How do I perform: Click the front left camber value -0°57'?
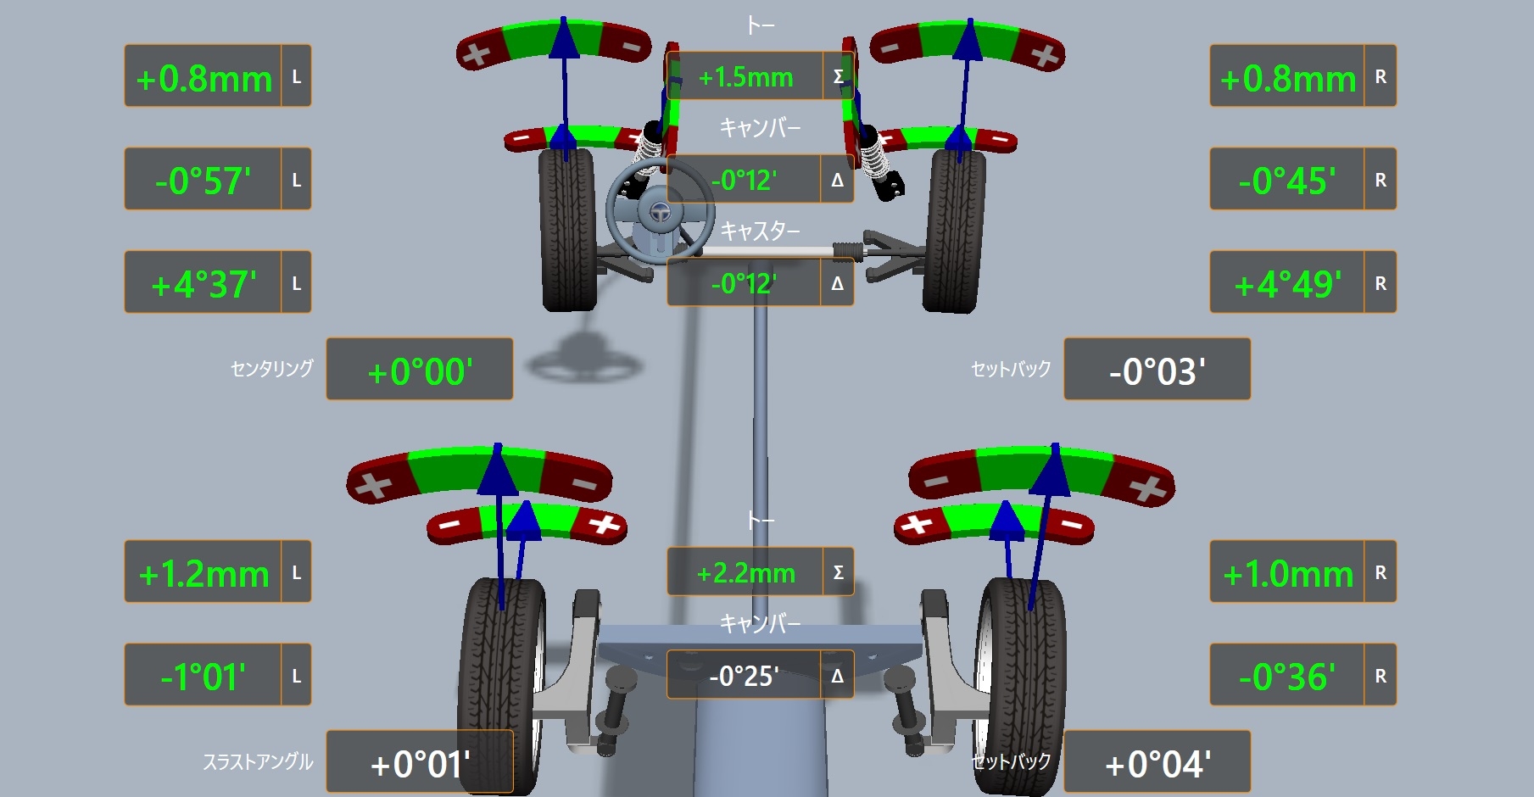click(x=203, y=181)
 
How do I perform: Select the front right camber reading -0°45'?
click(x=1287, y=181)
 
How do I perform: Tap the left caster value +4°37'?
click(x=204, y=284)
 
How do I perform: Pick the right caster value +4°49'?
click(x=1287, y=284)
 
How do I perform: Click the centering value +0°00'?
click(x=420, y=371)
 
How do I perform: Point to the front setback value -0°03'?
click(x=1157, y=371)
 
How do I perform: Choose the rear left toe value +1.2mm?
click(x=204, y=574)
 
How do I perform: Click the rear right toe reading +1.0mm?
click(x=1287, y=574)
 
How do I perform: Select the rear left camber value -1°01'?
click(x=203, y=677)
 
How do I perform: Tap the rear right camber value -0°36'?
click(x=1287, y=677)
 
